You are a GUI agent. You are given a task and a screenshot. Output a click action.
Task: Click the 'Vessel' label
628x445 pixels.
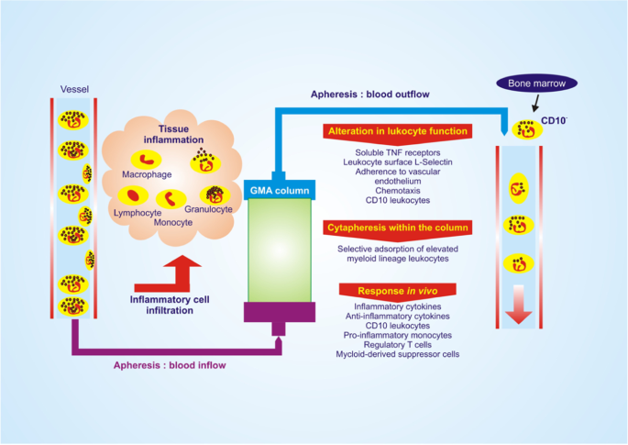coord(75,89)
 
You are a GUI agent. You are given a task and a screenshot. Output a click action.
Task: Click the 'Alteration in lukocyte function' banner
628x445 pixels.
coord(398,132)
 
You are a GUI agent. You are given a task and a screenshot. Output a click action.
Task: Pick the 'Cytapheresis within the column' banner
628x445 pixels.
coord(398,227)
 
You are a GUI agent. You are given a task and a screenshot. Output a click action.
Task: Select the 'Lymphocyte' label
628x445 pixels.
coord(137,212)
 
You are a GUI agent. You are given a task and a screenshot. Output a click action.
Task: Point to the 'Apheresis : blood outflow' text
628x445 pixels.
coord(371,94)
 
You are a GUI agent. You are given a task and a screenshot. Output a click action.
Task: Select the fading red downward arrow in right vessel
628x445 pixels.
coord(519,304)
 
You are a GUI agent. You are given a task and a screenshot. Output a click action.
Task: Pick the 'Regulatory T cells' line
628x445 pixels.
coord(398,344)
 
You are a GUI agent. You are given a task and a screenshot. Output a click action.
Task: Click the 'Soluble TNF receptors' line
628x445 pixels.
coord(398,151)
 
